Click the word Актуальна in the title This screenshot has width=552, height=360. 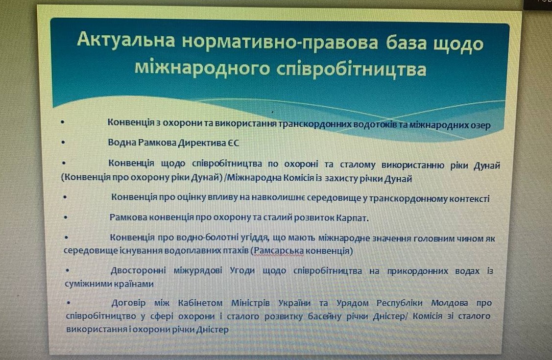pyautogui.click(x=126, y=39)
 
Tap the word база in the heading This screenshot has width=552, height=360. pyautogui.click(x=406, y=43)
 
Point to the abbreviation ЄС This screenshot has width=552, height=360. pyautogui.click(x=232, y=143)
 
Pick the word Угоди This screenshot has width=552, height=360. pyautogui.click(x=242, y=271)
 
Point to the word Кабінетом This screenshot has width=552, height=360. pyautogui.click(x=200, y=303)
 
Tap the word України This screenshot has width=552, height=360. pyautogui.click(x=294, y=303)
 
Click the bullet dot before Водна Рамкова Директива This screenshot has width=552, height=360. pyautogui.click(x=63, y=143)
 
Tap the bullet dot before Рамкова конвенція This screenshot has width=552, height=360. pyautogui.click(x=66, y=217)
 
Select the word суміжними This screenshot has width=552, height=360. pyautogui.click(x=88, y=284)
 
